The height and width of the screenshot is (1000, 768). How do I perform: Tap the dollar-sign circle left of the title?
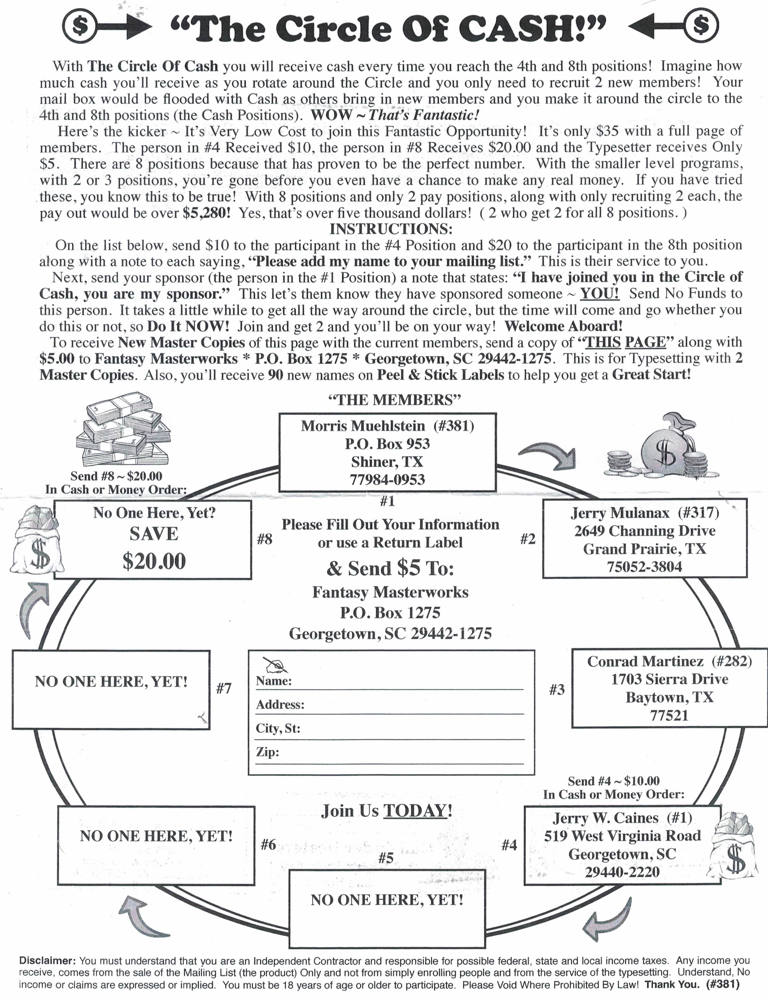pos(81,26)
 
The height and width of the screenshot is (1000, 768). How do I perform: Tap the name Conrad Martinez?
pos(645,661)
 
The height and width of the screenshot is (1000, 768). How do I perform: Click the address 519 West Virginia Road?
pos(622,836)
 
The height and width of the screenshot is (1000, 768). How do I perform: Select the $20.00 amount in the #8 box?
pos(154,561)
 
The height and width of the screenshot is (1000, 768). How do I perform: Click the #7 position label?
pos(224,688)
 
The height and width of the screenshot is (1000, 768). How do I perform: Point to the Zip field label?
pos(267,752)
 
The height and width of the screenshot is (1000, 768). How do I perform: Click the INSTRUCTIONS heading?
pos(391,229)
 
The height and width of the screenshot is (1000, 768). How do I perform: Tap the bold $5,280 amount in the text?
pos(206,213)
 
